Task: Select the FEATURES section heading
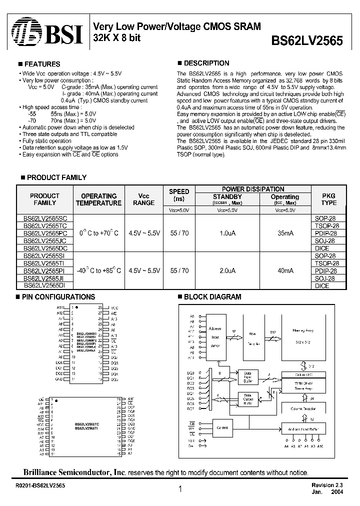tap(42, 64)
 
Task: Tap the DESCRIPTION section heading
tap(206, 63)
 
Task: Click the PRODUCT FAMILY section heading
tap(56, 177)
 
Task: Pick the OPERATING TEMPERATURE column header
tap(98, 199)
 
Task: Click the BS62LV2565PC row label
tap(45, 233)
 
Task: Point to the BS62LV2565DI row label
tap(45, 285)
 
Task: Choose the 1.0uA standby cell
tap(227, 233)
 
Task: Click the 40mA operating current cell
tap(284, 270)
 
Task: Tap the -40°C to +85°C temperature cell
tap(98, 270)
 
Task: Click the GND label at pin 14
tap(59, 379)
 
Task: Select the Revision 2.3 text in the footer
tap(327, 485)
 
